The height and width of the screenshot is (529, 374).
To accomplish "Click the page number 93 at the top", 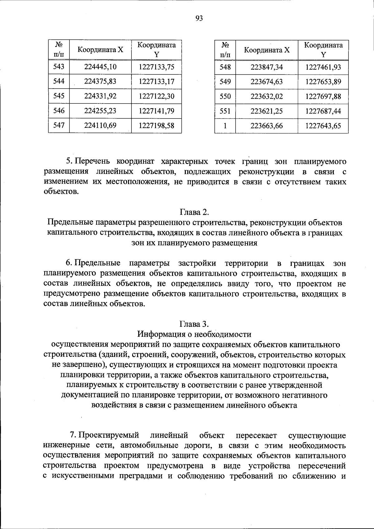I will click(199, 18).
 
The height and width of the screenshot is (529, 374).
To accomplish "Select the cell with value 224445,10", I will click(100, 67).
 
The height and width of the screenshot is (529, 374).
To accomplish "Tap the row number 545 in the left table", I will click(59, 96).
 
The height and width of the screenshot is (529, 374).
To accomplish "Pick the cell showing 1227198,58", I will click(156, 126).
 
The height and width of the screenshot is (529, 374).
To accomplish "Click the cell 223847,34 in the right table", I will click(266, 67).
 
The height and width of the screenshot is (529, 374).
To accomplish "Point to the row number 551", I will click(225, 111).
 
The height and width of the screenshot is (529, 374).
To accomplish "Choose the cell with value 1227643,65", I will click(323, 126).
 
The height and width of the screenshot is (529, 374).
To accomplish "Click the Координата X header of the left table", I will click(100, 50).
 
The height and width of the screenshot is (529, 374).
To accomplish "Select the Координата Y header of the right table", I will click(323, 50).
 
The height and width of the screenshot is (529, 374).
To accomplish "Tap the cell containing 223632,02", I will click(266, 96).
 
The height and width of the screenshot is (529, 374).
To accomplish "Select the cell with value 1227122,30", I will click(156, 96).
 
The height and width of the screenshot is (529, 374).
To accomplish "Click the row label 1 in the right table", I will click(225, 126).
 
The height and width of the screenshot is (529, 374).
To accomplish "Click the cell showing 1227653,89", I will click(323, 82).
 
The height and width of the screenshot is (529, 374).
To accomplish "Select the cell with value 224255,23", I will click(100, 111).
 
